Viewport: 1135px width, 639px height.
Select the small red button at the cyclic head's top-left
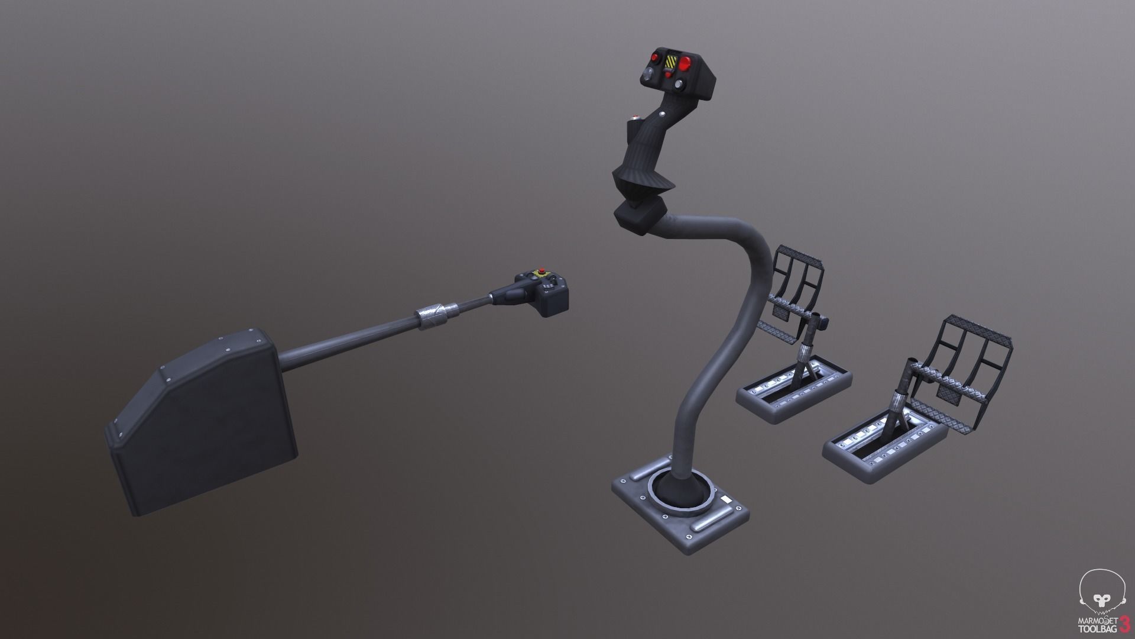click(655, 57)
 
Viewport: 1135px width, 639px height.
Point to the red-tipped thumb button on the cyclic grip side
click(635, 117)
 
